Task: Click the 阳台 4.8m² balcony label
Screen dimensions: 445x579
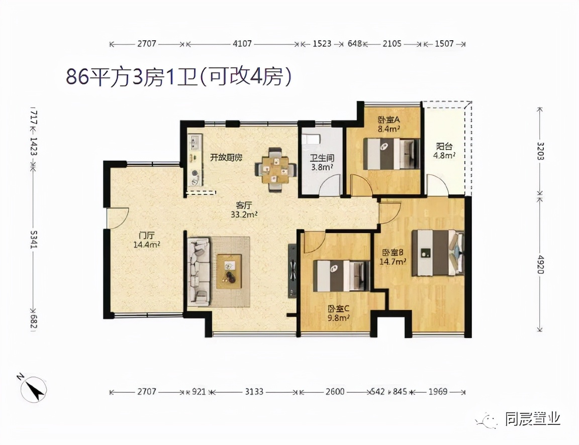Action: click(x=444, y=151)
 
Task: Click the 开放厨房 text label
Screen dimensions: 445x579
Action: click(x=226, y=157)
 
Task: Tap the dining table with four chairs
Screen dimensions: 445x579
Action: click(x=274, y=169)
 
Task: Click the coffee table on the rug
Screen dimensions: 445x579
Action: click(x=229, y=271)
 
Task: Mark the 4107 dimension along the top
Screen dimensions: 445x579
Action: click(x=242, y=44)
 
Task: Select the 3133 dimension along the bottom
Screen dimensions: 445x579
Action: click(x=254, y=391)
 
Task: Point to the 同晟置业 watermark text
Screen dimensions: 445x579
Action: click(x=532, y=419)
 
